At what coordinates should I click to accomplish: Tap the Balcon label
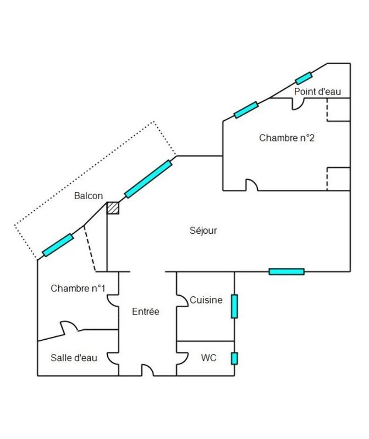[89, 196]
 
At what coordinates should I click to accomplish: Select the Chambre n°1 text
[78, 288]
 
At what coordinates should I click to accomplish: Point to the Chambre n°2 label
[287, 138]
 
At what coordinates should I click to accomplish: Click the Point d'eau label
[318, 92]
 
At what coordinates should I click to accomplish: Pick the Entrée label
[146, 312]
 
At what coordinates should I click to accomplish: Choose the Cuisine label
[206, 300]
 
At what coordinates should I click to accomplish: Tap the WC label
[208, 358]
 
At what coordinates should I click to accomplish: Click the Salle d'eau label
[74, 358]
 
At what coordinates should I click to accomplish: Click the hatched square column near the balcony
[113, 207]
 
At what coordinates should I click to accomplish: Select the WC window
[234, 358]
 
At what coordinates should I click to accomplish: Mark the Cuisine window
[234, 306]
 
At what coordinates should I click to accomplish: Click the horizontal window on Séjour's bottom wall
[287, 271]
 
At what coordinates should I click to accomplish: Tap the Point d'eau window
[304, 78]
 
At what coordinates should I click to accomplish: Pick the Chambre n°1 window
[58, 245]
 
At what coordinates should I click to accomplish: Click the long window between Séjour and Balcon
[148, 178]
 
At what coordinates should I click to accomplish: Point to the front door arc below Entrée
[147, 370]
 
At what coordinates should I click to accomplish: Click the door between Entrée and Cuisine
[180, 300]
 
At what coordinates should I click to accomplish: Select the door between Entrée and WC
[180, 358]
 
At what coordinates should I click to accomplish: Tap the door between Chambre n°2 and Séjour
[251, 185]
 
